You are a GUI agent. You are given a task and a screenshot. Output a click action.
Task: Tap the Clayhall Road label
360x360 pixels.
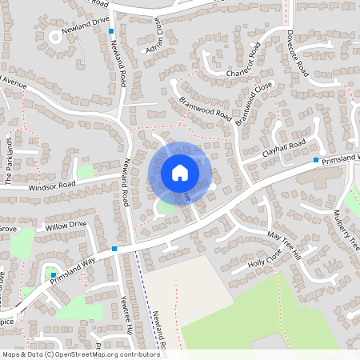tap(283, 148)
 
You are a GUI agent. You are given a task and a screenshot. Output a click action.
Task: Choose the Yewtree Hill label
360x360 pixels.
tap(125, 310)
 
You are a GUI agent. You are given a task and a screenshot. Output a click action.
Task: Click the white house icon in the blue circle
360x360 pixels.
tap(179, 172)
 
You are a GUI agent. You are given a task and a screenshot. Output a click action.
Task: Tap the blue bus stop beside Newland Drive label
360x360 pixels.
tap(111, 31)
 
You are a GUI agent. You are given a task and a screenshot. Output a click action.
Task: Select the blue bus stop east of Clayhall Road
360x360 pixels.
tap(316, 161)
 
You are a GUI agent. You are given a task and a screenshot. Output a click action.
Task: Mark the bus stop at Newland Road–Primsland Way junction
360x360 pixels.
tap(114, 249)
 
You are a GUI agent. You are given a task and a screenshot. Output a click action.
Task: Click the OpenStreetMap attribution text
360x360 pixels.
tap(80, 354)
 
